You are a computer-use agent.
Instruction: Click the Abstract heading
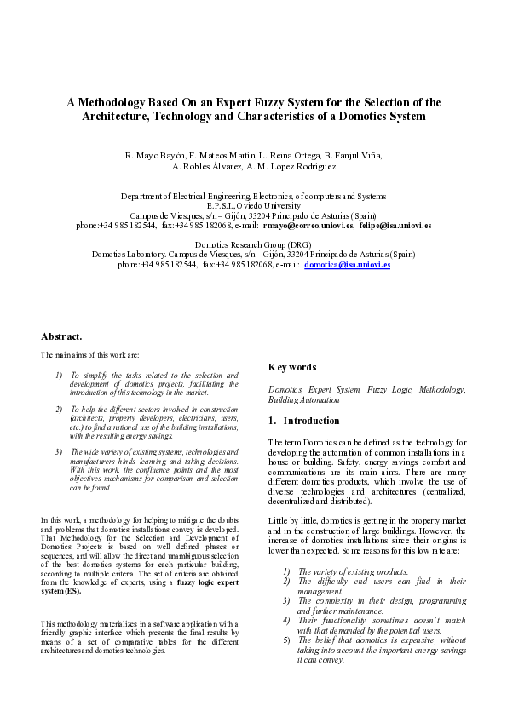[x=61, y=336]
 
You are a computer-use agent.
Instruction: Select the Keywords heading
[x=293, y=367]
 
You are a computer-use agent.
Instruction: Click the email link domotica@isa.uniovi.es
[x=347, y=266]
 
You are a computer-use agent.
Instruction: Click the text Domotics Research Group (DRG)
[x=253, y=244]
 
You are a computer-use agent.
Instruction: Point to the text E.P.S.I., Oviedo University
[x=253, y=206]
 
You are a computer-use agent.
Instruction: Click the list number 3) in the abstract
[x=58, y=450]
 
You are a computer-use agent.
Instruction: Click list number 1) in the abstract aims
[x=58, y=374]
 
